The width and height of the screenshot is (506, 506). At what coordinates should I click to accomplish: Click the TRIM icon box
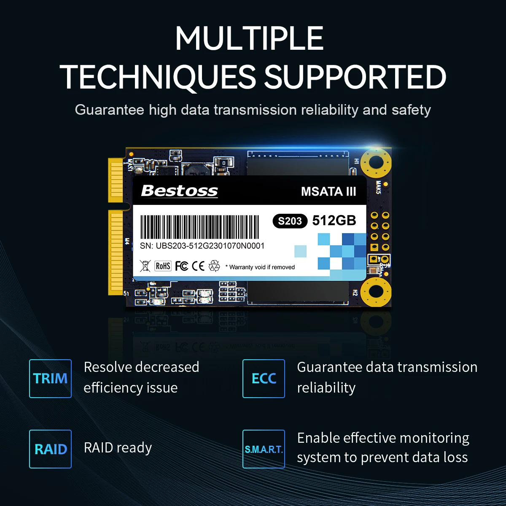tap(50, 378)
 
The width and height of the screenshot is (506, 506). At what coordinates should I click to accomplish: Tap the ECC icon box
tap(264, 378)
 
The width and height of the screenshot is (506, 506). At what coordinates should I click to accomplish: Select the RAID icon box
tap(50, 449)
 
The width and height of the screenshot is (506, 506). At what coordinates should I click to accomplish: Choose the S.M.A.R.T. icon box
tap(264, 449)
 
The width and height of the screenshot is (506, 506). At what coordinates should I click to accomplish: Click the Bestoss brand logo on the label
tap(179, 191)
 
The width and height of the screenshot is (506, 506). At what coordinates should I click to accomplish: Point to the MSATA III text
tap(328, 191)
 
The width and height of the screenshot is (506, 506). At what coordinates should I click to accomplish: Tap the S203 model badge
tap(290, 221)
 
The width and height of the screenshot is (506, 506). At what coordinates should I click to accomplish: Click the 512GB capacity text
tap(334, 221)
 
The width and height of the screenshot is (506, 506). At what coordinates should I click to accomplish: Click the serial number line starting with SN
tap(202, 246)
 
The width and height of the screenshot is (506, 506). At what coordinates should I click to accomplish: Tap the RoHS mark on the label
tap(163, 266)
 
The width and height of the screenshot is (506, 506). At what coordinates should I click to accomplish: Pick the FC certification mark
tap(181, 266)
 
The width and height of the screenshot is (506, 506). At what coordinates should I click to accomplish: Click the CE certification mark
tap(198, 266)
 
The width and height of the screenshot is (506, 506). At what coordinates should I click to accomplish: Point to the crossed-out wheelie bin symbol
tap(145, 266)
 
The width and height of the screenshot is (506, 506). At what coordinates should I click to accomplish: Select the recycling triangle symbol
tap(215, 266)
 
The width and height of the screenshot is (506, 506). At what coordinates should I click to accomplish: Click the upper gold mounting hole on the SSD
tap(375, 163)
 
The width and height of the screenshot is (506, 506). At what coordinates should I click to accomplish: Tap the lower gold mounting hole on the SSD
tap(375, 291)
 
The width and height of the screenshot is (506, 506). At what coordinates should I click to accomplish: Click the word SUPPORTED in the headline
tap(355, 77)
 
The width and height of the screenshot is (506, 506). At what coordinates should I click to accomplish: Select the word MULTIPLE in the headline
tap(249, 38)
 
